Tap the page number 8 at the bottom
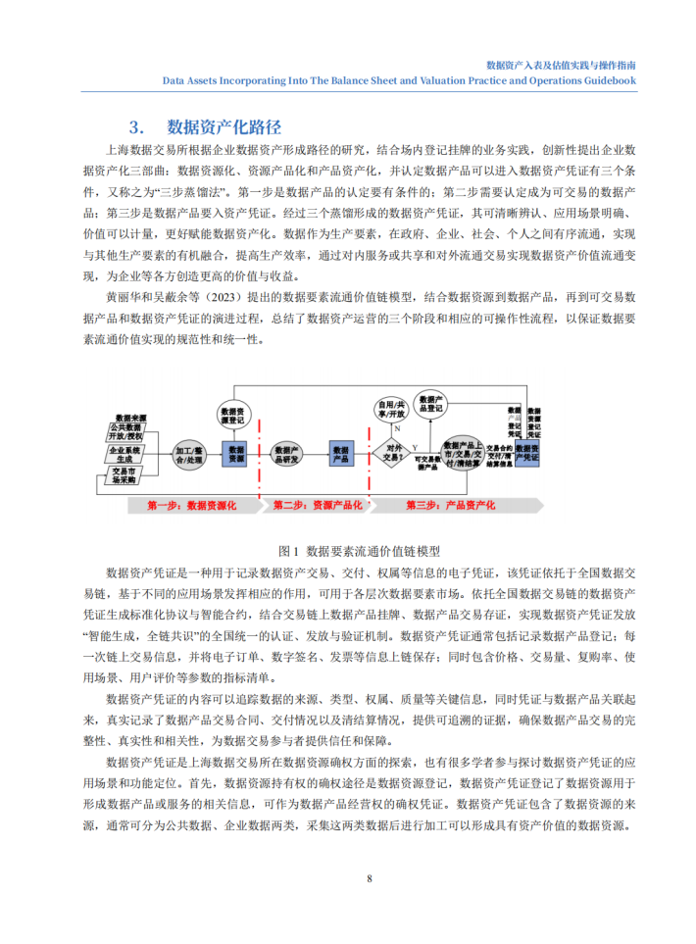tap(369, 877)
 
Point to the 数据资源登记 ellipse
tap(236, 416)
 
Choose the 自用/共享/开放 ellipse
tap(392, 411)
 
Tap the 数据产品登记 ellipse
tap(433, 404)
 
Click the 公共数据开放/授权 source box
tap(131, 432)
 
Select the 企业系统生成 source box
tap(131, 454)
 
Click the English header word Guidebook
tap(604, 81)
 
